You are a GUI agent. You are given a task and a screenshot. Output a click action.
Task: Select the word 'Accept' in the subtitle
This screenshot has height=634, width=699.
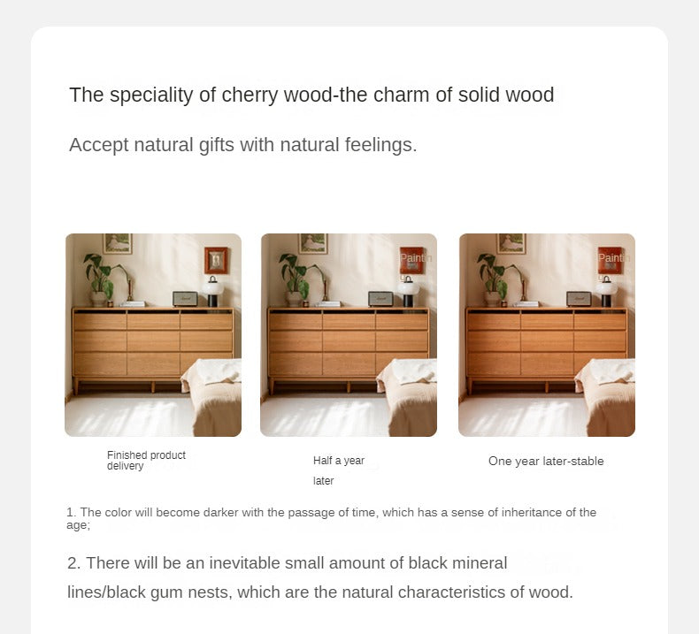click(98, 145)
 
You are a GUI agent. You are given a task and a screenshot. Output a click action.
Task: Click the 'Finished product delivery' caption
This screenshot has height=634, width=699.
click(146, 460)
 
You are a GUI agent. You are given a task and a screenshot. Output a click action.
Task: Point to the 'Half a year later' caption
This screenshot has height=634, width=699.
click(338, 470)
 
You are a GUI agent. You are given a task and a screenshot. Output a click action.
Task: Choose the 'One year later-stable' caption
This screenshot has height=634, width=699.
click(546, 461)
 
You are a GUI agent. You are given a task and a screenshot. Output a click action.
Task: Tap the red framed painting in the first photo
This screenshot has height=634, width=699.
click(216, 260)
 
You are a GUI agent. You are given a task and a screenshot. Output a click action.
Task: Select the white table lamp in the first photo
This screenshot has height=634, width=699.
click(212, 289)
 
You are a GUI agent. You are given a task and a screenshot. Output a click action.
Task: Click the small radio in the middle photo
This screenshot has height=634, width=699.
click(380, 299)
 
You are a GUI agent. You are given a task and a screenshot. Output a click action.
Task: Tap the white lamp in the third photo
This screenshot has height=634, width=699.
click(605, 289)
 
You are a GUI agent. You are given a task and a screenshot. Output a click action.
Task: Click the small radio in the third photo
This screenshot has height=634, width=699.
click(579, 299)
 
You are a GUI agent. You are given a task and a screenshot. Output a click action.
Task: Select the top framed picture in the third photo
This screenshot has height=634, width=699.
click(511, 243)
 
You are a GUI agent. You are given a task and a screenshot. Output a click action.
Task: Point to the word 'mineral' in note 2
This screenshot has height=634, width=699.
click(479, 563)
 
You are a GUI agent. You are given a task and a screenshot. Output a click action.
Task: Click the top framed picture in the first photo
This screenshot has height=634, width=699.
click(117, 243)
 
